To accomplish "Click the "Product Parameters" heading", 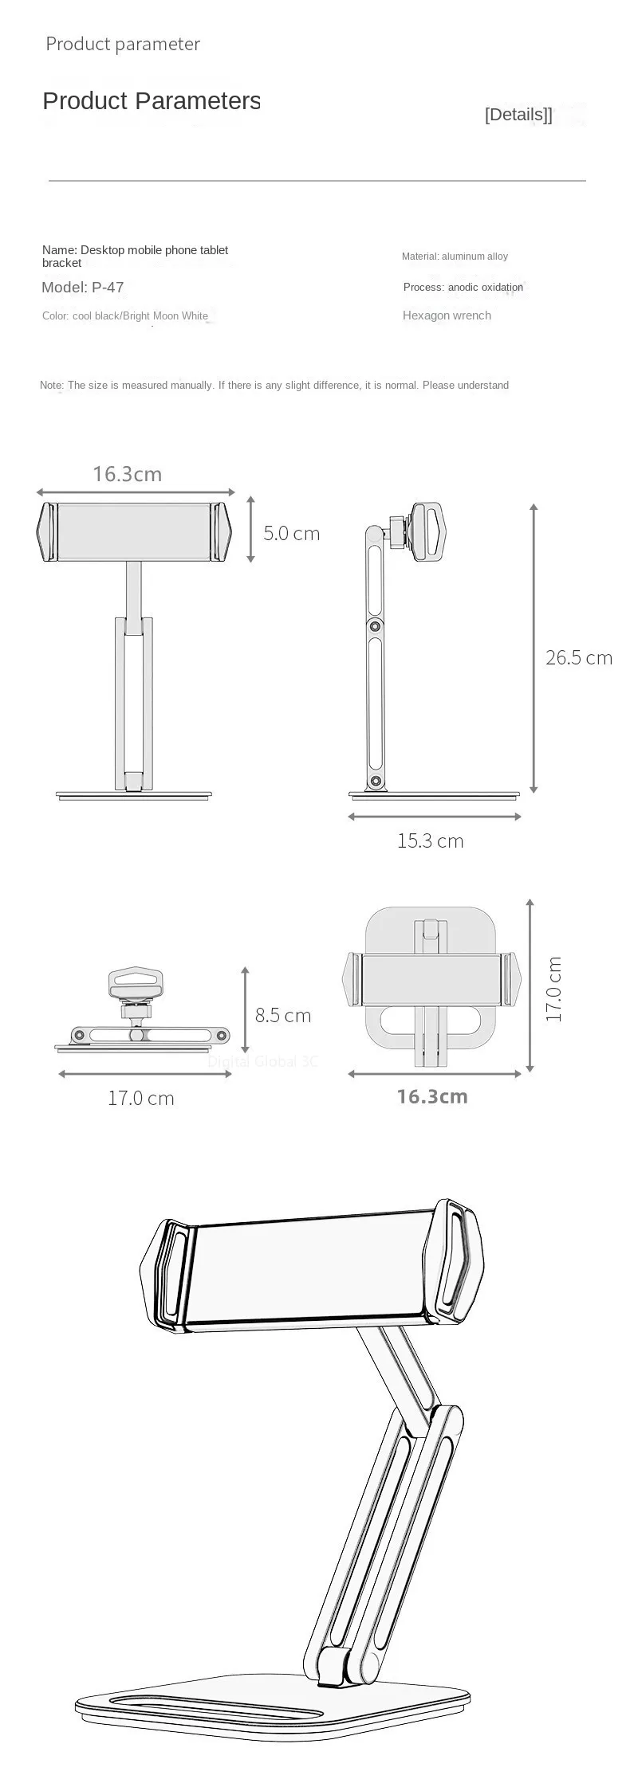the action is [152, 101].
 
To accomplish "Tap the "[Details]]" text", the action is [518, 115].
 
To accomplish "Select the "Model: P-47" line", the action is [83, 288].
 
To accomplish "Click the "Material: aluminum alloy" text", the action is [455, 257].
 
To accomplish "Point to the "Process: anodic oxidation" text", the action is [463, 288].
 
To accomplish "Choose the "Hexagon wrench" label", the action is [447, 315].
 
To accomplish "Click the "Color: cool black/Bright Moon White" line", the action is [125, 316].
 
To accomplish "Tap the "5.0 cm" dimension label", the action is [292, 533].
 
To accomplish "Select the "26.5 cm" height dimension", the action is [579, 657].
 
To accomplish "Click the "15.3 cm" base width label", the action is [431, 841].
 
